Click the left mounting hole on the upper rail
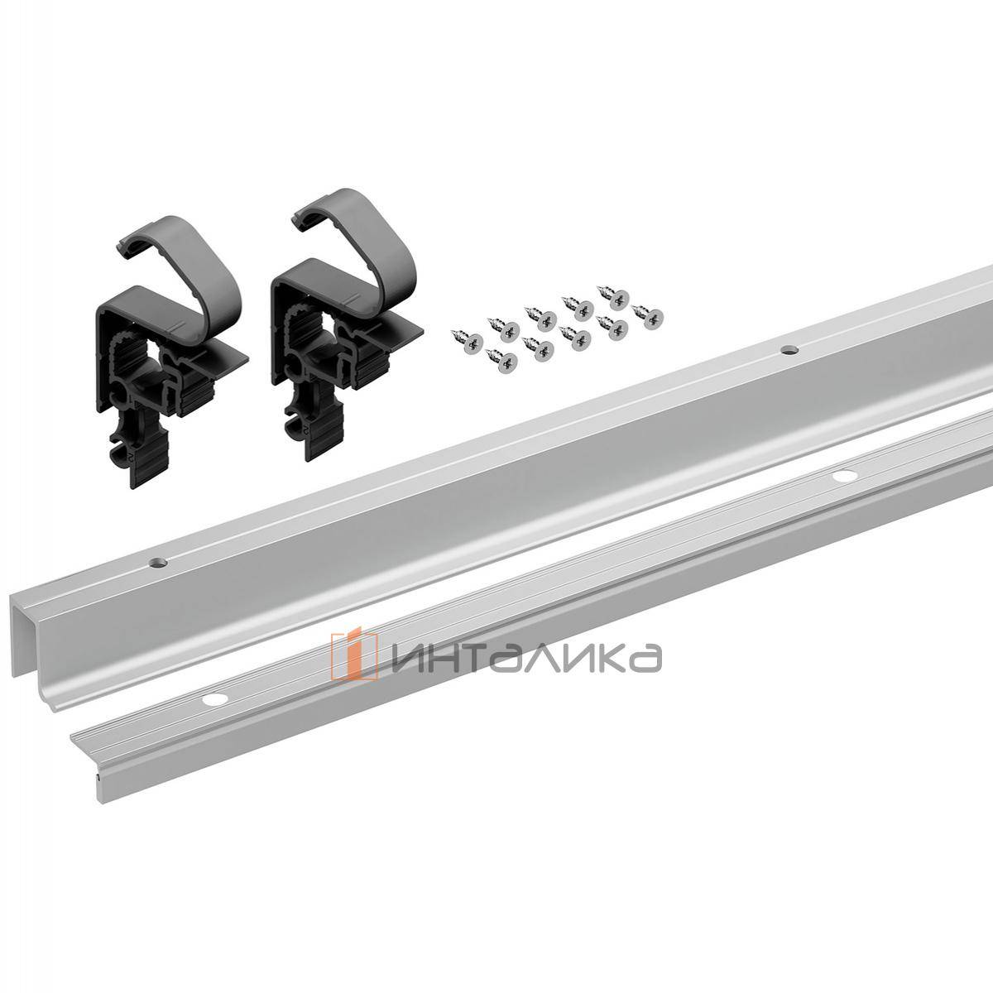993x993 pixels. [157, 563]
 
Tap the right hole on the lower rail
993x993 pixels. [844, 476]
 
